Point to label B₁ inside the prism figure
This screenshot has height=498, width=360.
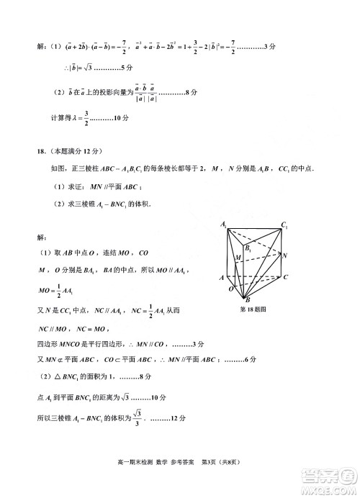[x=249, y=248]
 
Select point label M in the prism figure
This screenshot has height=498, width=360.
[x=237, y=257]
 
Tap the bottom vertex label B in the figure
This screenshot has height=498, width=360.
[x=248, y=300]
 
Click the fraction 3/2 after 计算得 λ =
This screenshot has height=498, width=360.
[x=86, y=116]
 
